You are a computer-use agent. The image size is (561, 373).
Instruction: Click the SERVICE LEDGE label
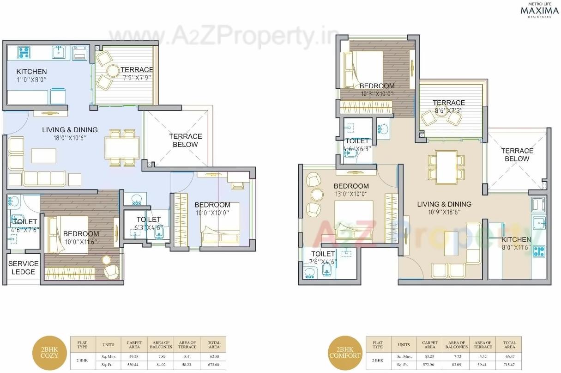[x=23, y=268]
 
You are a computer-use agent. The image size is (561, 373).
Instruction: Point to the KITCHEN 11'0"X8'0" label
[x=31, y=75]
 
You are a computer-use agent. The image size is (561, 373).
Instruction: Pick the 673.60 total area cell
[x=214, y=365]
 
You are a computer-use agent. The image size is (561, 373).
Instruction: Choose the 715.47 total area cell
[x=509, y=365]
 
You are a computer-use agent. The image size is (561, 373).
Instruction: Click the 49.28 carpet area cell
[x=134, y=356]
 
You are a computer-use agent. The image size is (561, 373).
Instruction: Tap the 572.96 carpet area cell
[x=429, y=365]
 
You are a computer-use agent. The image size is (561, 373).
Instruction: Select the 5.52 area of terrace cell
[x=483, y=356]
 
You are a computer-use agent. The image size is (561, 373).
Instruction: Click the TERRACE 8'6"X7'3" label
[x=448, y=106]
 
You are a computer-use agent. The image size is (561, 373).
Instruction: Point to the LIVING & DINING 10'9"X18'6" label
[x=444, y=208]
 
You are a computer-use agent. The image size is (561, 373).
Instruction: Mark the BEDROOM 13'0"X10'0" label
[x=351, y=190]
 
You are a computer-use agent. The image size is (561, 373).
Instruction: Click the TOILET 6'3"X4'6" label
[x=149, y=223]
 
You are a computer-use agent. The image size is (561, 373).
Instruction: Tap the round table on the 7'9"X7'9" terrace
[x=113, y=71]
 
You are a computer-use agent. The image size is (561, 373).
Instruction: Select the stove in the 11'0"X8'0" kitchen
[x=24, y=53]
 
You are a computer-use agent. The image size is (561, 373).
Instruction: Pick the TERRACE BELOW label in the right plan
[x=517, y=154]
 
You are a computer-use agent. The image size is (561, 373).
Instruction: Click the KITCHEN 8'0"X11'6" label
[x=516, y=244]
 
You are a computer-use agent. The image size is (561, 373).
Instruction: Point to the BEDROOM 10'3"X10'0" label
[x=377, y=89]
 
